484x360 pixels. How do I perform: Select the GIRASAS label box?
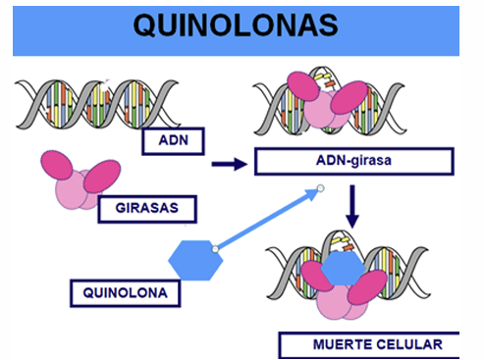tap(147, 208)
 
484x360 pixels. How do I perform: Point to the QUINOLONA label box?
tap(125, 292)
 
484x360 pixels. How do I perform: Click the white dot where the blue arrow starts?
tap(215, 251)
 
